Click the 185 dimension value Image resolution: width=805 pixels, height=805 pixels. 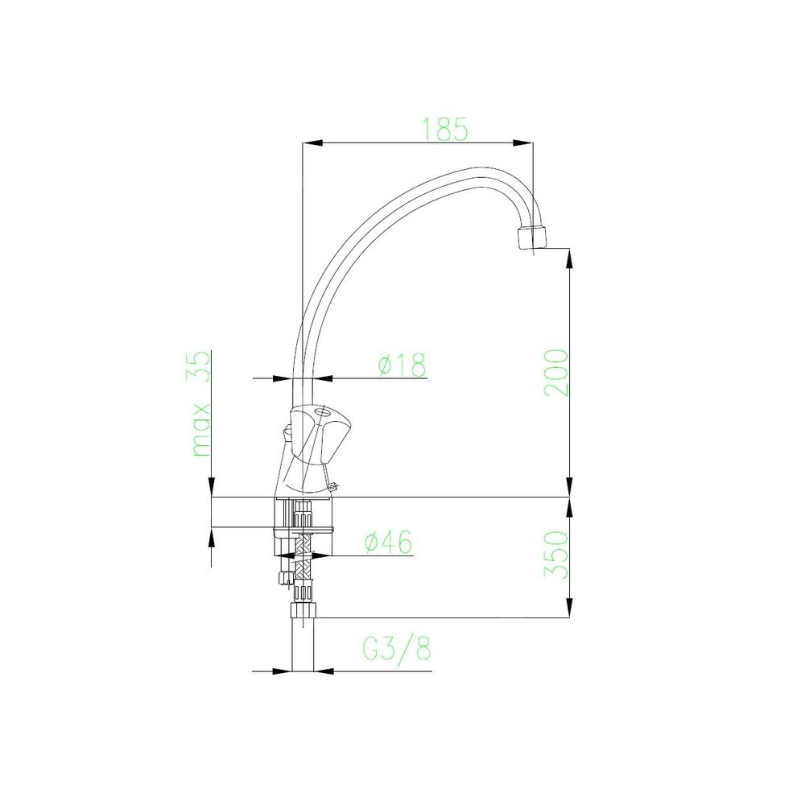point(444,129)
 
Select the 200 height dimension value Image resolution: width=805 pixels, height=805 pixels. point(556,372)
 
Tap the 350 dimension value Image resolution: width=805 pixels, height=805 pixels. point(556,554)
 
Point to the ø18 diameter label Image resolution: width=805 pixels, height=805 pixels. point(402,365)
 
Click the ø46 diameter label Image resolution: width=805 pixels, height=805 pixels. point(388,542)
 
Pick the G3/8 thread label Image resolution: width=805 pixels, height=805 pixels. point(398,648)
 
